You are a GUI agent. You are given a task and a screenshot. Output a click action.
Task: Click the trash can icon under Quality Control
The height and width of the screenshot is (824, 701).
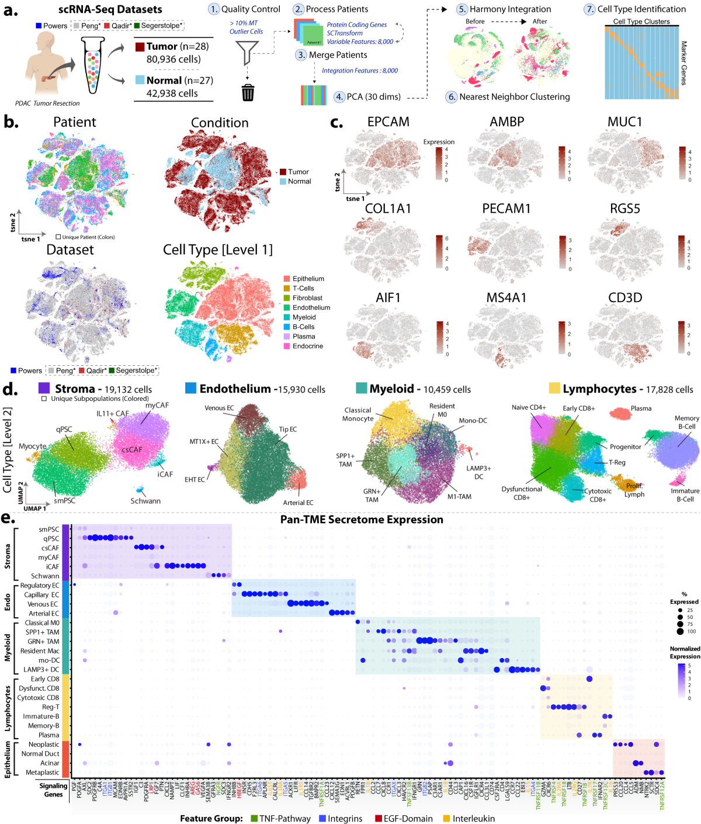[248, 92]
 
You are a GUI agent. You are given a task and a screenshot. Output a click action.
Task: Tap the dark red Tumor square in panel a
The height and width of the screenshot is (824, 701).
[140, 47]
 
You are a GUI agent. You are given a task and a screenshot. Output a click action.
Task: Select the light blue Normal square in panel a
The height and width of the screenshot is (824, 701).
[140, 80]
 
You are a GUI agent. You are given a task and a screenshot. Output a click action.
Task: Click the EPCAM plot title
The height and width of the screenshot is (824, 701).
[388, 122]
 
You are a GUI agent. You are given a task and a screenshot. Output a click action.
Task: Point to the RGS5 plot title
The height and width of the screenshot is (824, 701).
[625, 209]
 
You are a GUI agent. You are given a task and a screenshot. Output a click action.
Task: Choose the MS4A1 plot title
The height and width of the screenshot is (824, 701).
[506, 297]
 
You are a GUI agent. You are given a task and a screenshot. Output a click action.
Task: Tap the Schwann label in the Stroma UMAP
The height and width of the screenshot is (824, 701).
[145, 501]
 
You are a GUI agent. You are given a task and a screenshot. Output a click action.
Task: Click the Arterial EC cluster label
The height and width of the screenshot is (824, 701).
[298, 503]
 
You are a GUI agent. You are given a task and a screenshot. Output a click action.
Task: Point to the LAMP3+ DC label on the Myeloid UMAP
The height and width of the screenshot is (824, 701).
[478, 472]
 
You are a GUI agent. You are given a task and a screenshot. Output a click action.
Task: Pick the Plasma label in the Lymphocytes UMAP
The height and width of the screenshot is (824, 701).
[641, 408]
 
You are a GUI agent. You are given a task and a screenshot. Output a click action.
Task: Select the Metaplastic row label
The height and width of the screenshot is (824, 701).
[43, 773]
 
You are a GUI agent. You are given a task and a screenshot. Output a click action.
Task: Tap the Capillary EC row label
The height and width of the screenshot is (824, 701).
[41, 595]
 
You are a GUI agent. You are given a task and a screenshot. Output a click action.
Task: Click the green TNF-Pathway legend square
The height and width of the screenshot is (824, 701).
[254, 818]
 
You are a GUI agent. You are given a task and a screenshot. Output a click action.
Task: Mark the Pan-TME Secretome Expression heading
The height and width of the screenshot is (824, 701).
[362, 520]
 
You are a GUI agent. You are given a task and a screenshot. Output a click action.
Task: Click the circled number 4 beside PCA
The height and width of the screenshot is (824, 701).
[339, 97]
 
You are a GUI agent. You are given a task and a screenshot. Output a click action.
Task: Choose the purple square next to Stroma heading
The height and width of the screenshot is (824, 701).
[44, 389]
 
